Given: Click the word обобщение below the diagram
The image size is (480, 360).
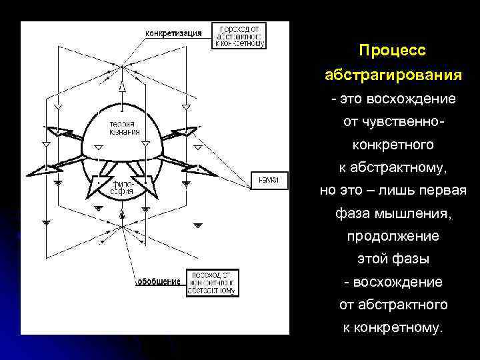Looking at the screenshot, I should (x=159, y=281).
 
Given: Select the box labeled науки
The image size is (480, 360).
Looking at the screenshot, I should (x=269, y=179).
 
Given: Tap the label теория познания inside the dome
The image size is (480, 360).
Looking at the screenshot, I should (x=125, y=127).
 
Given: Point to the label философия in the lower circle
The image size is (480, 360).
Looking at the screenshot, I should (x=122, y=187).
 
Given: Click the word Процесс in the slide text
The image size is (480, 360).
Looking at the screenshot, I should (x=392, y=51).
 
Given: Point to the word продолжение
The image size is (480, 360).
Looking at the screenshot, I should (x=392, y=236).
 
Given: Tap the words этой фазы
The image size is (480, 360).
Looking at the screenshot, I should (x=392, y=259).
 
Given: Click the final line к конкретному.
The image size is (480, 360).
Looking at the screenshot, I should (x=392, y=327).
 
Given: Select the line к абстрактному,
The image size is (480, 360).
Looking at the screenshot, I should (x=392, y=167).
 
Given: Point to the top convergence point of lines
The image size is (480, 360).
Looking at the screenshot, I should (x=122, y=66).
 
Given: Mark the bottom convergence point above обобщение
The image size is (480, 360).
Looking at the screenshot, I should (x=122, y=227).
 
